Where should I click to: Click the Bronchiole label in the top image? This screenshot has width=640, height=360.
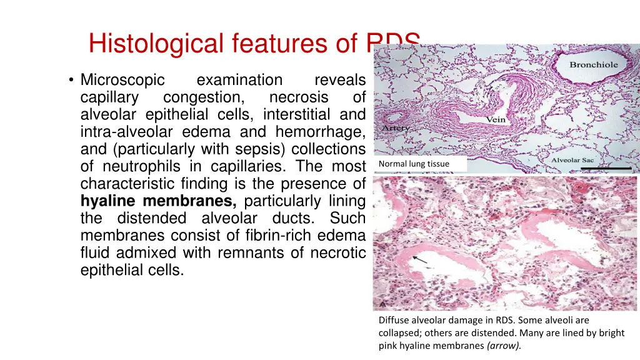593,65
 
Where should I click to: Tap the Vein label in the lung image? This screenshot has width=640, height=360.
496,120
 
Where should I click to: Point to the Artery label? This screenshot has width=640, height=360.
396,128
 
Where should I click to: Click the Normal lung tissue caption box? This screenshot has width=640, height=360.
420,164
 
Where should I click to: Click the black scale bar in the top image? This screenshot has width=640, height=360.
605,168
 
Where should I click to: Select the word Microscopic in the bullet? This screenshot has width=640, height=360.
122,80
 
